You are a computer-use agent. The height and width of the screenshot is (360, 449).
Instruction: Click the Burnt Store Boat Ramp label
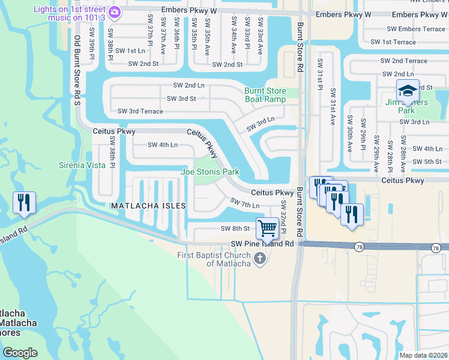click(x=265, y=96)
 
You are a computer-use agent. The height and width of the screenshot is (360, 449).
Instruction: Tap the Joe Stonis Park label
click(x=210, y=172)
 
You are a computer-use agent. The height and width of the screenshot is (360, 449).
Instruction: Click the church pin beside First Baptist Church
click(x=260, y=258)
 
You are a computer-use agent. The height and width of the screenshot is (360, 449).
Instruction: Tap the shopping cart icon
click(x=267, y=228)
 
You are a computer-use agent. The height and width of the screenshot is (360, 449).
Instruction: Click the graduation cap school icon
click(x=408, y=90)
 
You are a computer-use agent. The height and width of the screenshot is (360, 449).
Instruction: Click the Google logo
click(x=20, y=352)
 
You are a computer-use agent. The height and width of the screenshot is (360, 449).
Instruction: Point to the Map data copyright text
click(x=423, y=355)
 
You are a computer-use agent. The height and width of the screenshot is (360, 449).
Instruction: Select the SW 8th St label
click(x=235, y=229)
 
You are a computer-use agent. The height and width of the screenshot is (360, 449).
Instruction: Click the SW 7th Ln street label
click(x=246, y=205)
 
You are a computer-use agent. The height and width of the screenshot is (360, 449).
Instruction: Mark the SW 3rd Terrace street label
click(x=140, y=111)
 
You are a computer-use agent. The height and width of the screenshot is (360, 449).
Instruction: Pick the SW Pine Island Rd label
click(x=262, y=244)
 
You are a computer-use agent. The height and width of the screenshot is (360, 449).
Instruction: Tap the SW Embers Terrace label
click(x=416, y=29)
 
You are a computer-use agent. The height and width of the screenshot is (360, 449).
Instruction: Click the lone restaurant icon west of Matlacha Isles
click(x=24, y=202)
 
